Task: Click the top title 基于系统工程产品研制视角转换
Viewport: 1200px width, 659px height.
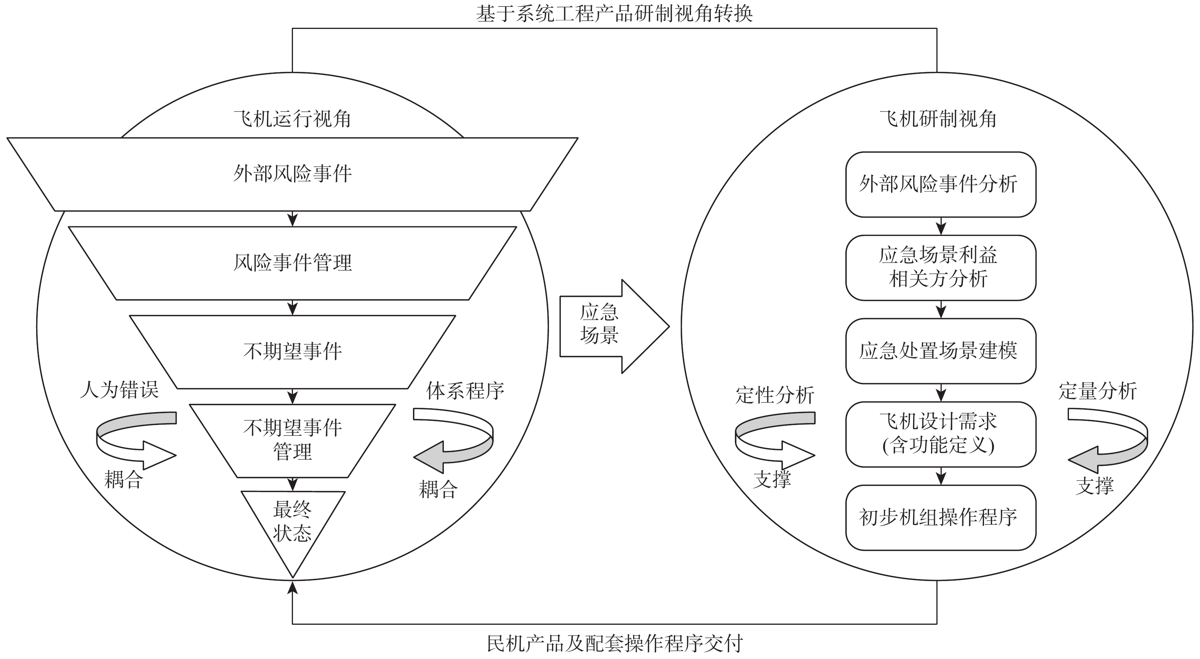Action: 614,14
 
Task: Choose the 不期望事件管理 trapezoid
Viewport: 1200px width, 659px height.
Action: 293,440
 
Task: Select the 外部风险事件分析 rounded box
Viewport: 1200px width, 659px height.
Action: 941,184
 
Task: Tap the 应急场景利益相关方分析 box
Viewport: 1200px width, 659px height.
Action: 941,267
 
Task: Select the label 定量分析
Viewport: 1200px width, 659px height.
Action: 1098,391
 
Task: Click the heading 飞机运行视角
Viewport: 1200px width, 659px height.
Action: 293,119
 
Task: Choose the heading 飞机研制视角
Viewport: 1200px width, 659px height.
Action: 938,119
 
